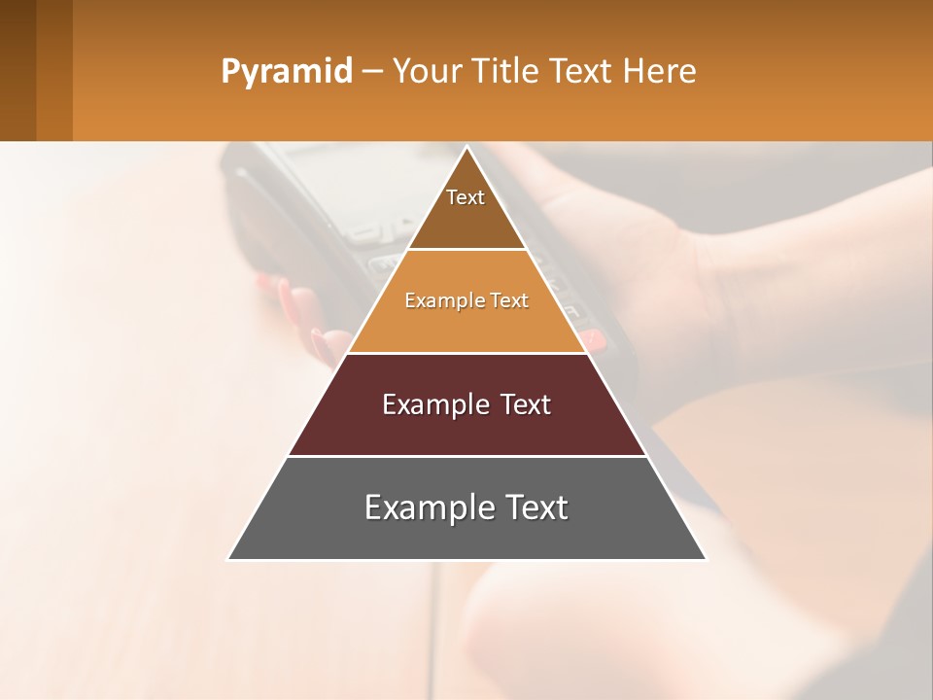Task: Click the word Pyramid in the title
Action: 286,72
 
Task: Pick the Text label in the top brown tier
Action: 466,197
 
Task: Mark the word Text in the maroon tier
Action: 526,404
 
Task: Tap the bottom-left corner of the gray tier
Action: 230,558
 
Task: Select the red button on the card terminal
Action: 593,339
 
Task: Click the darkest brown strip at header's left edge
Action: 17,70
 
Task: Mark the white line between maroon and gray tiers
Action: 466,456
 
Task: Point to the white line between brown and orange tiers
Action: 466,250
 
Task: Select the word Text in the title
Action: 581,72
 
